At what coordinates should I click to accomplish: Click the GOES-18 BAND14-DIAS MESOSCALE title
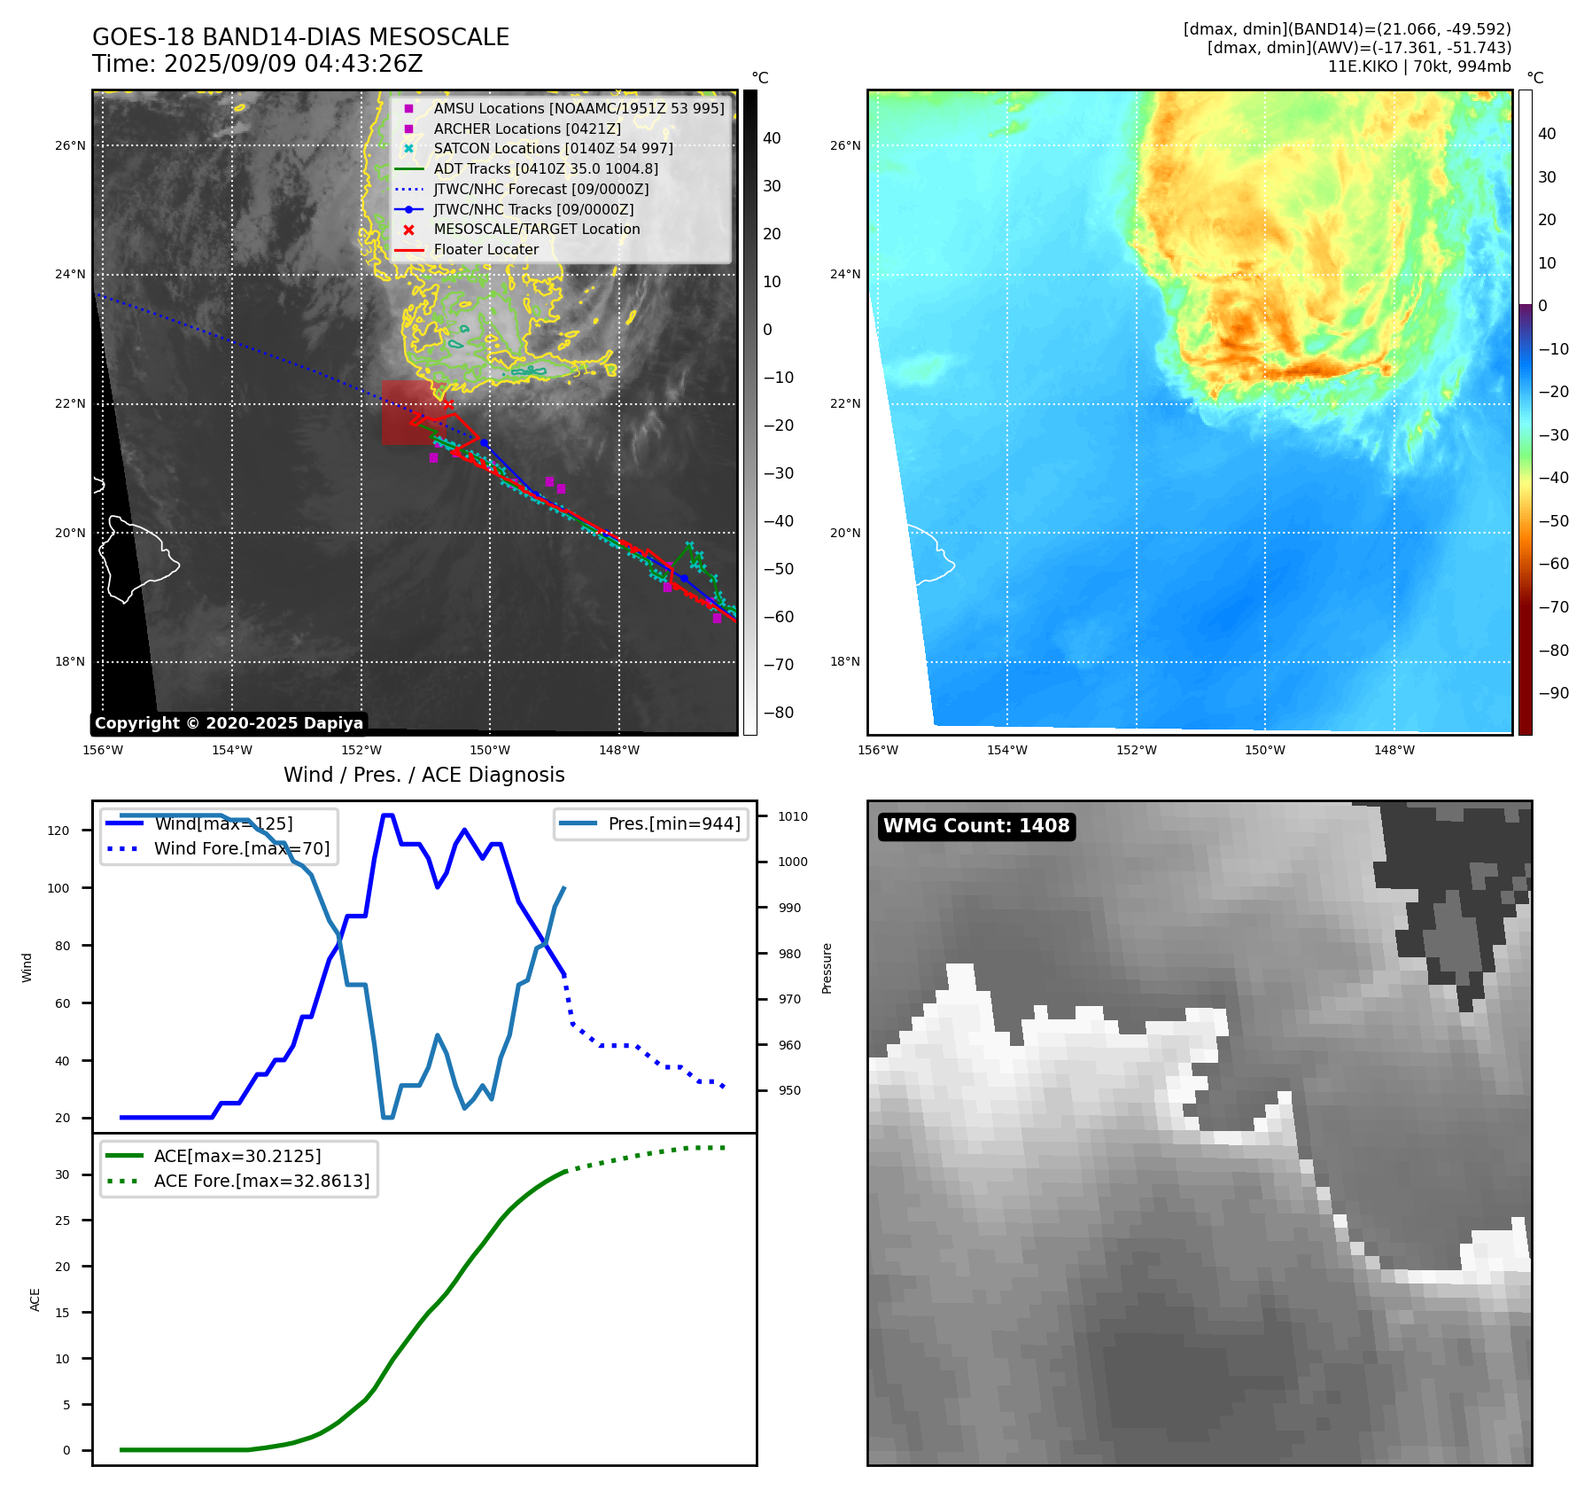[300, 37]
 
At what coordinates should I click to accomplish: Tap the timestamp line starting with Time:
[257, 65]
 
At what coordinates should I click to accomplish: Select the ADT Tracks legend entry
[545, 168]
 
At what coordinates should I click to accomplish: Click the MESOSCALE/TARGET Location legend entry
[536, 229]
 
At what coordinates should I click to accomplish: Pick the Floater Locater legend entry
[485, 249]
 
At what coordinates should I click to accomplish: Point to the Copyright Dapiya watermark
[229, 723]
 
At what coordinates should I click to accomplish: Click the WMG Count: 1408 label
[976, 826]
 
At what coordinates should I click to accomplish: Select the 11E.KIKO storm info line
[1418, 66]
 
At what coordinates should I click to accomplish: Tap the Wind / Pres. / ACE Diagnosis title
[423, 775]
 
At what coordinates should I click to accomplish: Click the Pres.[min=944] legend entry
[673, 823]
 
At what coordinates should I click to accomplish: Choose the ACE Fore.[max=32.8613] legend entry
[261, 1181]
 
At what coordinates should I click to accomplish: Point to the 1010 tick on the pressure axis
[793, 816]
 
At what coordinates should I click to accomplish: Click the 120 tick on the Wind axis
[58, 831]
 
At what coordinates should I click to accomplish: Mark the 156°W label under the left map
[103, 750]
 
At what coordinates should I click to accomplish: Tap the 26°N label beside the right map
[845, 145]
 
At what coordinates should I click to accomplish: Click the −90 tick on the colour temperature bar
[1553, 693]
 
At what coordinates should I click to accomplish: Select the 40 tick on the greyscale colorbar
[772, 138]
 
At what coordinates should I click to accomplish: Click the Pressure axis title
[827, 968]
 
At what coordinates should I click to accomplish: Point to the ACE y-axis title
[35, 1299]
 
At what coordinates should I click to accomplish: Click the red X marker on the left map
[448, 404]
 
